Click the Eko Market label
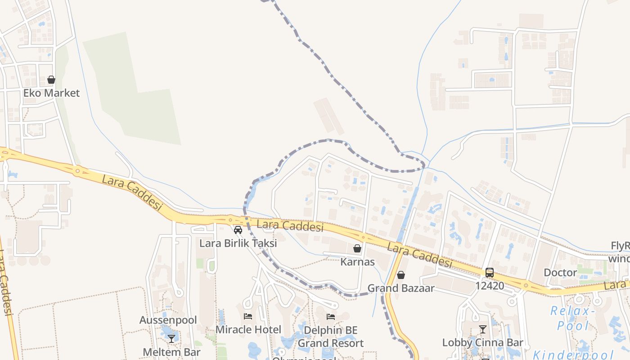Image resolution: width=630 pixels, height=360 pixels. (51, 93)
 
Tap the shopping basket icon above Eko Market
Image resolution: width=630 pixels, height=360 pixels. (51, 80)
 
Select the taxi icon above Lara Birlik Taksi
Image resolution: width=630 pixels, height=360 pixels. (238, 230)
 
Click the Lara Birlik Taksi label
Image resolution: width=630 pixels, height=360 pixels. (238, 243)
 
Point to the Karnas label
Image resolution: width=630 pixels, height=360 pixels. (357, 262)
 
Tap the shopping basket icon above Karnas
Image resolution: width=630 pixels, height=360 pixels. (357, 248)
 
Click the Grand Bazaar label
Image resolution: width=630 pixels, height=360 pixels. (401, 288)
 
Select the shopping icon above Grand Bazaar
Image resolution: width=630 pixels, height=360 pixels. (401, 275)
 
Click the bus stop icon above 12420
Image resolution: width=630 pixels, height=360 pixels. (490, 272)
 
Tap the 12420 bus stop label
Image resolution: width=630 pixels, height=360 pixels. (490, 286)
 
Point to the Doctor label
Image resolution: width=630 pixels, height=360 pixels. (560, 273)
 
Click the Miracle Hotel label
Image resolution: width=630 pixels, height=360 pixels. (248, 329)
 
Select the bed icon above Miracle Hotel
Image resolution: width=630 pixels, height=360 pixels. (248, 316)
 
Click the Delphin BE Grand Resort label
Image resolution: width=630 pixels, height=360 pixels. (331, 337)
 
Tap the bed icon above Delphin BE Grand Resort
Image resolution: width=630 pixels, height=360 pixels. (331, 317)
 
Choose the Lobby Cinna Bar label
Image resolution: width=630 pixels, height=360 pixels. (483, 342)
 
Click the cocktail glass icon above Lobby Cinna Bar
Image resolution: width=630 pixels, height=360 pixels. (483, 329)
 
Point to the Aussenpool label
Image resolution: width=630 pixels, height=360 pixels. (168, 320)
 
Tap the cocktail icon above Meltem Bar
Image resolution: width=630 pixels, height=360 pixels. (171, 338)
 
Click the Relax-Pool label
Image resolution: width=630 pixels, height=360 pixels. (572, 318)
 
